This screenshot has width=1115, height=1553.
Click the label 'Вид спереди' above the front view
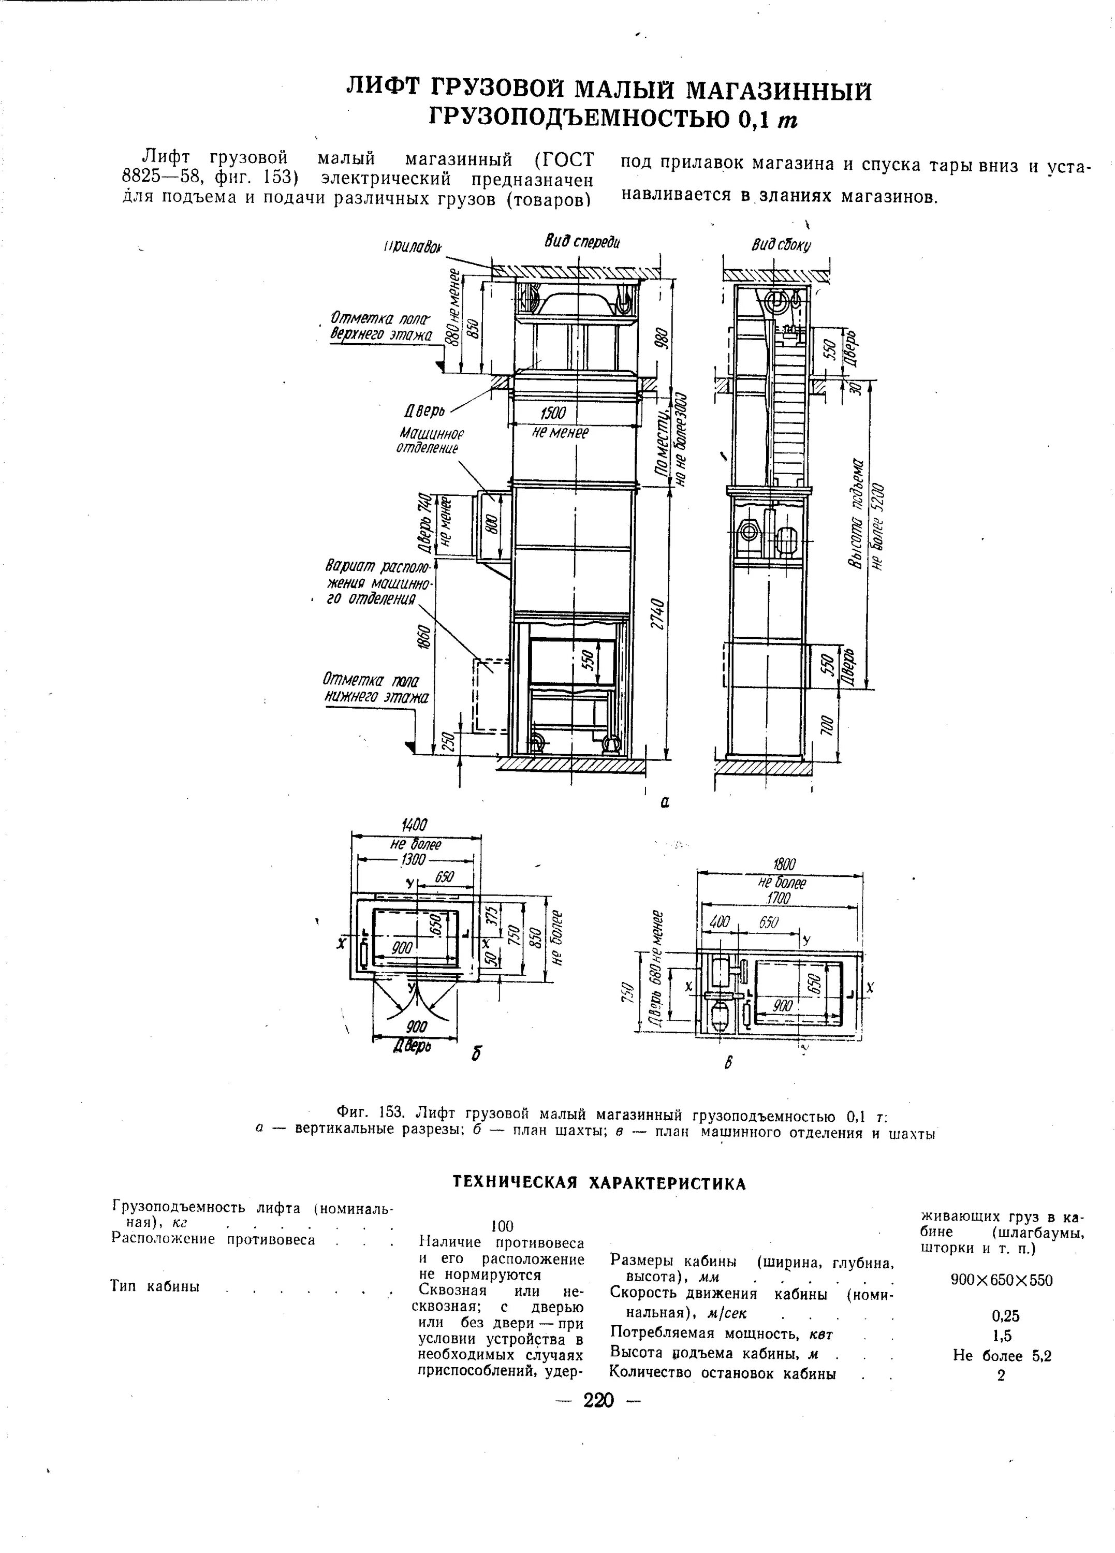(x=582, y=241)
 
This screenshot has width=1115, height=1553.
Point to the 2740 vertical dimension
(x=657, y=616)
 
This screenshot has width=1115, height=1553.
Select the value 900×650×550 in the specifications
(x=1001, y=1281)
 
